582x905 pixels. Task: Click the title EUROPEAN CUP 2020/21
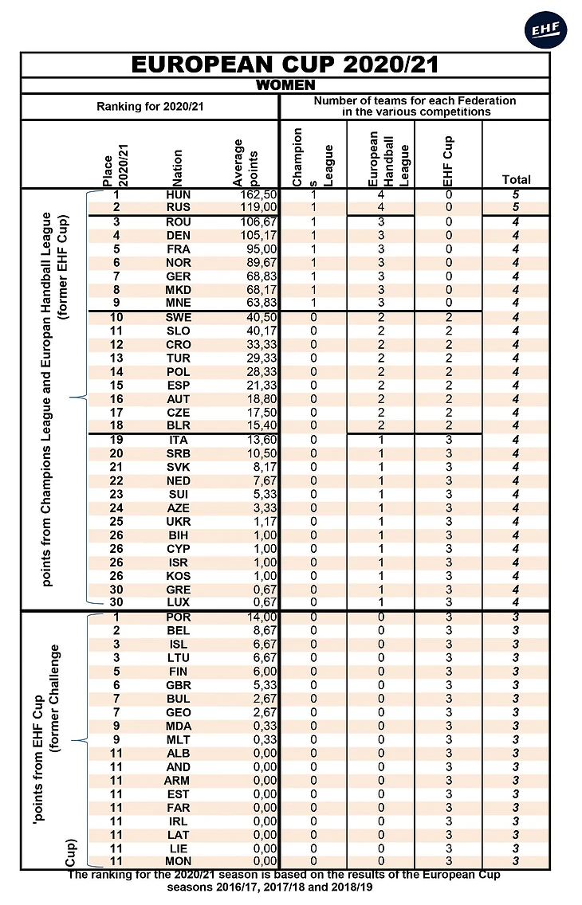tap(285, 65)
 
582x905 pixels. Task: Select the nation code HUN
tap(179, 194)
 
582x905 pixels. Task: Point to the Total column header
tap(516, 179)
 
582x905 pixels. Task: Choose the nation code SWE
tap(179, 318)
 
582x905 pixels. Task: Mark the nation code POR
tap(179, 617)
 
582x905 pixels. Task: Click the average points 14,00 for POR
tap(258, 617)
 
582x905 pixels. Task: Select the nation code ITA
tap(179, 440)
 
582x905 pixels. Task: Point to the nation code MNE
tap(179, 304)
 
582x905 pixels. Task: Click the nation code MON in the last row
tap(179, 861)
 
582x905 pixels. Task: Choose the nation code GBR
tap(179, 685)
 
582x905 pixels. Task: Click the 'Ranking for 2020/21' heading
tap(150, 106)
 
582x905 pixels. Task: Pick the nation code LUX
tap(179, 602)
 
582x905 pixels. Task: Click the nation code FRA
tap(179, 249)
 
